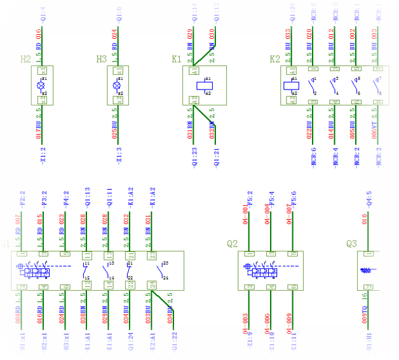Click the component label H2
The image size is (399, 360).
(x=25, y=59)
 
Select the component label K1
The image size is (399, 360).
(x=177, y=59)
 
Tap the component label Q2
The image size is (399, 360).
(x=232, y=243)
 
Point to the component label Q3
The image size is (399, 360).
(x=352, y=243)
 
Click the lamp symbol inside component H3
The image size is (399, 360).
(x=116, y=84)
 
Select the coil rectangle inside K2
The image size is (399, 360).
(x=294, y=84)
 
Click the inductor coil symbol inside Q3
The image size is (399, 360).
(x=367, y=270)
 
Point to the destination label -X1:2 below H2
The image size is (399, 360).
(x=43, y=156)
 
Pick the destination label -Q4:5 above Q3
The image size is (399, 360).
(x=364, y=201)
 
